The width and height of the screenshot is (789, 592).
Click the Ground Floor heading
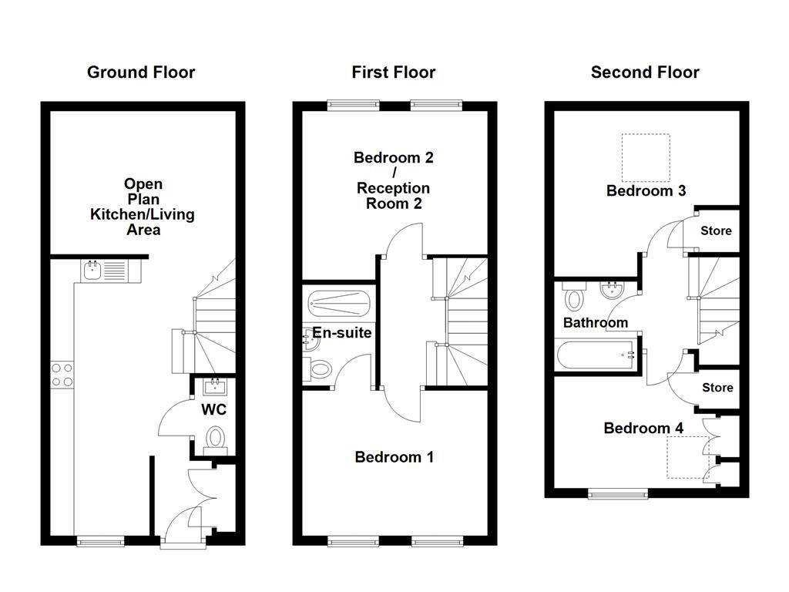click(141, 72)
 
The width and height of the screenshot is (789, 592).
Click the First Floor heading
click(393, 72)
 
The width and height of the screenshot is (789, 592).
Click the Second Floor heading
click(645, 72)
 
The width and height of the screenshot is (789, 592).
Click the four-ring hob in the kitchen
click(62, 375)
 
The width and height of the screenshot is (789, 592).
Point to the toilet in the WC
click(215, 439)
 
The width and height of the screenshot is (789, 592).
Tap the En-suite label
click(342, 333)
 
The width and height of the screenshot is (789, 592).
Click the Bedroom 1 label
click(394, 457)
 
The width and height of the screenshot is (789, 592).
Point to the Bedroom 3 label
click(646, 190)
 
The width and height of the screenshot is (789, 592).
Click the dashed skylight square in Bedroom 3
click(646, 157)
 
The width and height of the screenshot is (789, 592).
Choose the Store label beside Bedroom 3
click(716, 230)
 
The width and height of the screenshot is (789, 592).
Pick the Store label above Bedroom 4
click(717, 387)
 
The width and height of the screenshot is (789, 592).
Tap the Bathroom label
click(595, 322)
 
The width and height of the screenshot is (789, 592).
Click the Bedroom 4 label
click(643, 428)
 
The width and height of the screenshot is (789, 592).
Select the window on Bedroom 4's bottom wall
click(617, 493)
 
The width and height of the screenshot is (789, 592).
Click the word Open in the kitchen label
click(143, 183)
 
